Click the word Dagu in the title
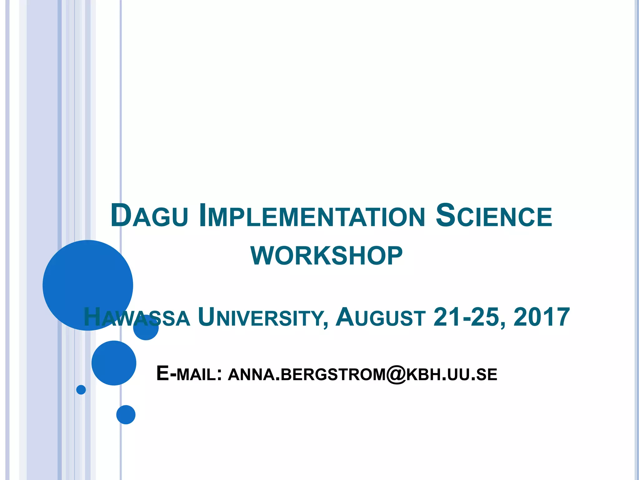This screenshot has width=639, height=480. (x=149, y=216)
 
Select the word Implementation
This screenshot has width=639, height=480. (x=312, y=216)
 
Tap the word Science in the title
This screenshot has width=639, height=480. (x=494, y=216)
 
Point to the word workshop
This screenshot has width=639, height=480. (x=326, y=256)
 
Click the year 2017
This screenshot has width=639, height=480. (x=542, y=317)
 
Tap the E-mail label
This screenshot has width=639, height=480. (x=189, y=374)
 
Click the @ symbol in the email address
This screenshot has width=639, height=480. (x=396, y=374)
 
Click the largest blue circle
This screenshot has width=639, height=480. (x=88, y=285)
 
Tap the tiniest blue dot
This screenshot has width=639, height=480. (x=81, y=390)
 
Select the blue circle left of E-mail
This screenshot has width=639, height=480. (x=114, y=363)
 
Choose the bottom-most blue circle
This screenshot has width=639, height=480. (x=126, y=415)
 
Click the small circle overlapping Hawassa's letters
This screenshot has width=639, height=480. (x=146, y=327)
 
